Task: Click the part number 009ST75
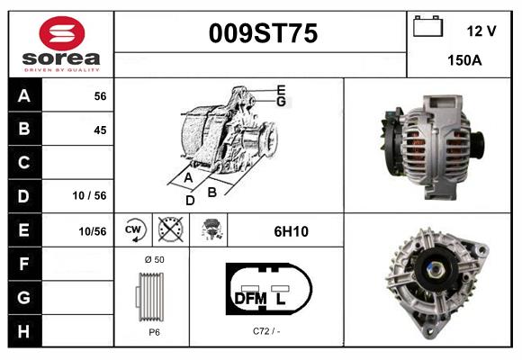[x=263, y=34]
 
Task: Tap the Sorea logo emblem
[x=60, y=33]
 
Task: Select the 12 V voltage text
[x=481, y=31]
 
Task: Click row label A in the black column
[x=23, y=95]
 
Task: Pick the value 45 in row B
[x=100, y=130]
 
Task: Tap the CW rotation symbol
[x=134, y=230]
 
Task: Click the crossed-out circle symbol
[x=168, y=230]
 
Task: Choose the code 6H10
[x=291, y=231]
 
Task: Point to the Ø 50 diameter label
[x=155, y=259]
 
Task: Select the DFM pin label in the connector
[x=251, y=297]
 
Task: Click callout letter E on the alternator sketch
[x=281, y=90]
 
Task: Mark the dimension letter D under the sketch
[x=190, y=200]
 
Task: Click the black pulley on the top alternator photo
[x=479, y=142]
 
